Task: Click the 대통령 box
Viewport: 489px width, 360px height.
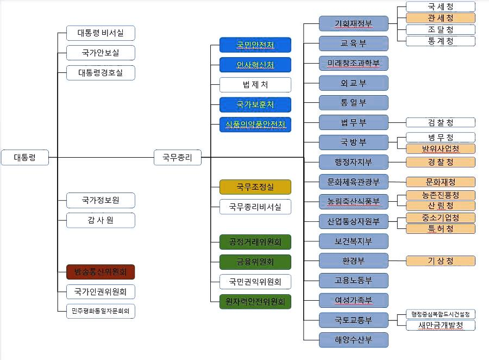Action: (x=25, y=158)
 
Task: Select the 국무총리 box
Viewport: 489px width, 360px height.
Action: (x=178, y=158)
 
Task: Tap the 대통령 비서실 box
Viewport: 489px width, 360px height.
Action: (x=101, y=33)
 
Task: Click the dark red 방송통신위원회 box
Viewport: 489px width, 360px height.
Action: (x=101, y=272)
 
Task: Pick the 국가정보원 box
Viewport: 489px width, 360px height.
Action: (x=101, y=200)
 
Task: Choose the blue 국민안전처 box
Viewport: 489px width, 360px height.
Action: (x=255, y=45)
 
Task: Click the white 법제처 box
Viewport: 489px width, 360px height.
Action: (x=255, y=85)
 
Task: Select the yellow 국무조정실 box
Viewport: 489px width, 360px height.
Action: (x=255, y=187)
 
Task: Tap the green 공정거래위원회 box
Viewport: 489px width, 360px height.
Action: (x=255, y=242)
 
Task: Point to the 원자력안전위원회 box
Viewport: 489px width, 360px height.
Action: (x=255, y=301)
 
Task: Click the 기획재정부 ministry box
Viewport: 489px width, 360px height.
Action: (x=354, y=24)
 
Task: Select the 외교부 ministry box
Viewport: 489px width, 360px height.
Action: (x=354, y=83)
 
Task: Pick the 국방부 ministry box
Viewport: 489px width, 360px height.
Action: (x=354, y=142)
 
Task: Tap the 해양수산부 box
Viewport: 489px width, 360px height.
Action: (x=354, y=340)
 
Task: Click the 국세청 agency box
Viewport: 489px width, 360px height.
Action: (x=441, y=7)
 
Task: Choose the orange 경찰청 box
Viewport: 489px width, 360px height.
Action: (x=441, y=162)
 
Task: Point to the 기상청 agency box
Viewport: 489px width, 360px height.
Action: (x=441, y=261)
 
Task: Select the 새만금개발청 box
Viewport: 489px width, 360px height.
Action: (x=441, y=325)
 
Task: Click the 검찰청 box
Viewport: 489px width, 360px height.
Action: (x=441, y=122)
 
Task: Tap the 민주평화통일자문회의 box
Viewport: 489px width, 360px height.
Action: (x=101, y=311)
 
